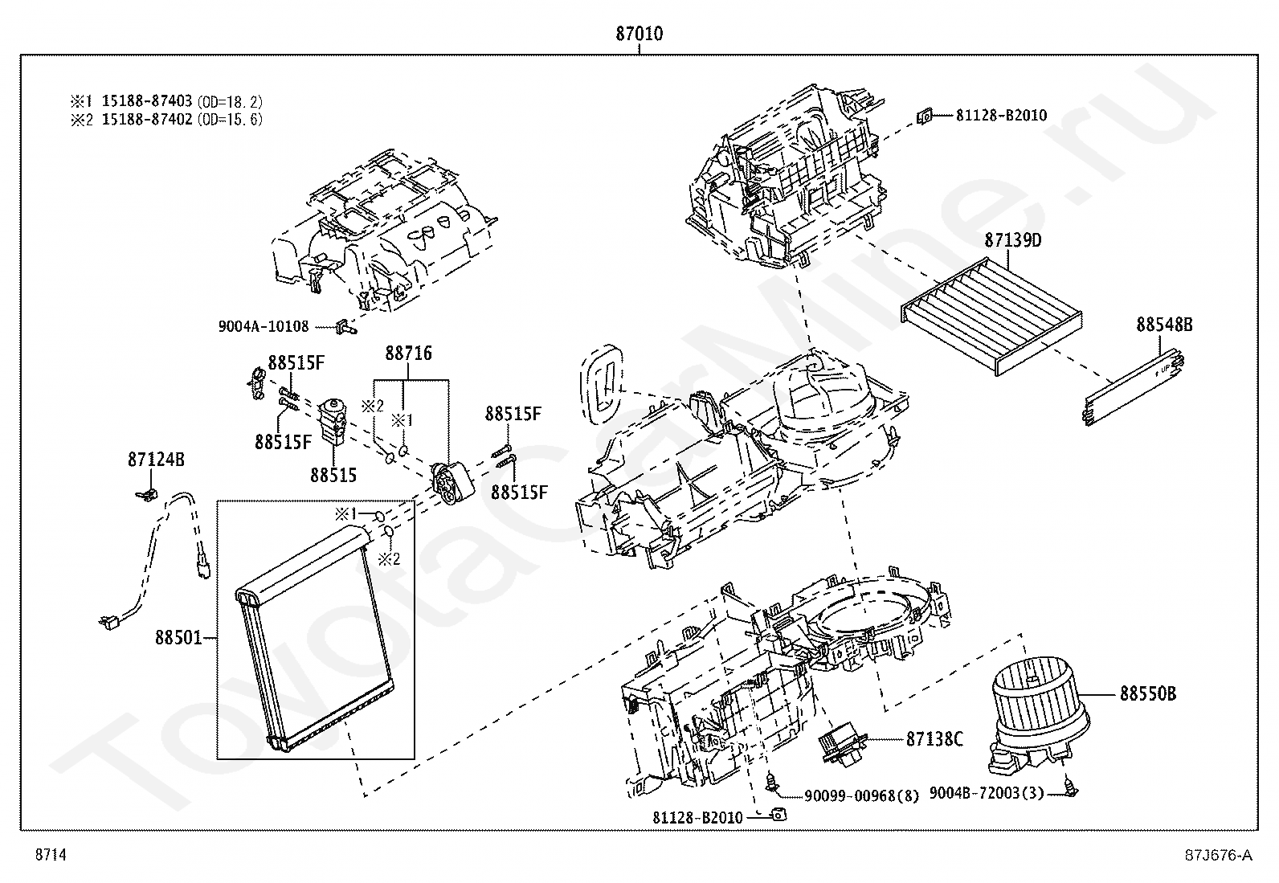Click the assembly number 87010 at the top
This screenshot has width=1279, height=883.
639,34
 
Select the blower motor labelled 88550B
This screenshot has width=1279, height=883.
1039,720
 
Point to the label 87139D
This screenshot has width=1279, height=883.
1013,240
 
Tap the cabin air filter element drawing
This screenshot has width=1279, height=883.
991,317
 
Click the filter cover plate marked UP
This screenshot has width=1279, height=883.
1134,387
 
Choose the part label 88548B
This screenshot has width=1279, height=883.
1164,325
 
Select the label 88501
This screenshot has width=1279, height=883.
178,637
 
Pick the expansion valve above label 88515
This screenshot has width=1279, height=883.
332,422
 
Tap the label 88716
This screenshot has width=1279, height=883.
408,354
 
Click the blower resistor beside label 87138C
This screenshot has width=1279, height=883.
842,745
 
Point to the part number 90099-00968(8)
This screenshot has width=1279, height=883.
861,795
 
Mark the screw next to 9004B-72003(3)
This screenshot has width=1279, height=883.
1070,789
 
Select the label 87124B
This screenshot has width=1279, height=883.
156,460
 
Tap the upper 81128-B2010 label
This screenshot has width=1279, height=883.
1002,116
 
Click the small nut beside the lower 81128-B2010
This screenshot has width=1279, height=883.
778,815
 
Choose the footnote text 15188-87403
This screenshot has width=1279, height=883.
147,101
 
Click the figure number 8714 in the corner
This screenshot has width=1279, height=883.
51,854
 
